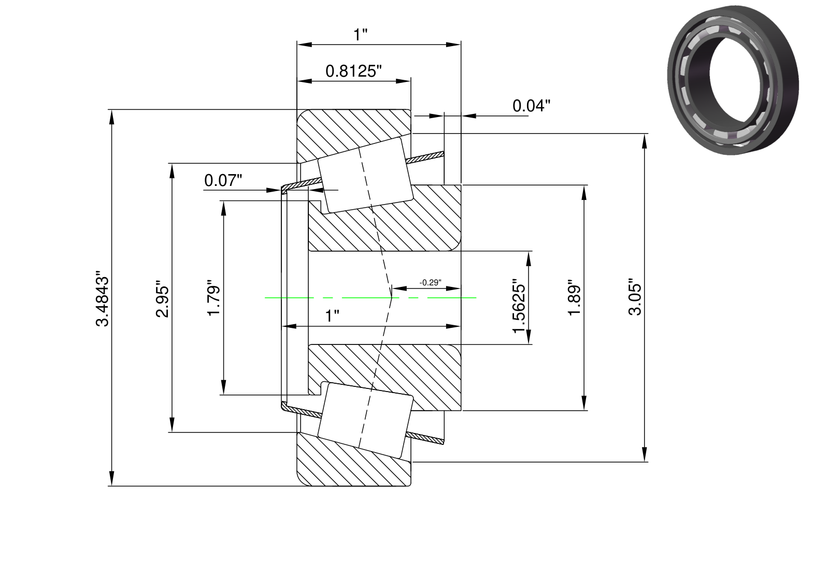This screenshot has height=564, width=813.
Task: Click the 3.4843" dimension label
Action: pyautogui.click(x=102, y=298)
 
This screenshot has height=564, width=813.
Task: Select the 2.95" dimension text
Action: pyautogui.click(x=163, y=298)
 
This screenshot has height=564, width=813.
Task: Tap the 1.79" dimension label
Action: pyautogui.click(x=214, y=298)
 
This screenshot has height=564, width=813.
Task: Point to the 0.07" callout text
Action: pyautogui.click(x=223, y=180)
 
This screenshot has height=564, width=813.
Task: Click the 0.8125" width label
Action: pyautogui.click(x=353, y=71)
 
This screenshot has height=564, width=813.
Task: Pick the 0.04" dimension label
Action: pyautogui.click(x=531, y=106)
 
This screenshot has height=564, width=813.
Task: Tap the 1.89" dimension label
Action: pyautogui.click(x=575, y=298)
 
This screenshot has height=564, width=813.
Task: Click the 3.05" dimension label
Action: pyautogui.click(x=635, y=297)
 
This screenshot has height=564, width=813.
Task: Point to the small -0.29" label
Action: pyautogui.click(x=431, y=283)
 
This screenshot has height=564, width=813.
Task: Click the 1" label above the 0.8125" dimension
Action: pyautogui.click(x=361, y=35)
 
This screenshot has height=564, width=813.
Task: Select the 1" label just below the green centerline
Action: pyautogui.click(x=332, y=316)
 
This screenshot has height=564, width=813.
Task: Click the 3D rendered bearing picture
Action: pyautogui.click(x=733, y=80)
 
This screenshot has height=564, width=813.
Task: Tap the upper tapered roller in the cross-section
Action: pyautogui.click(x=365, y=175)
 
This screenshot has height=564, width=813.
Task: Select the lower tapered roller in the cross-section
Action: pyautogui.click(x=365, y=421)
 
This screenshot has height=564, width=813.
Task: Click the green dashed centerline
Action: pyautogui.click(x=370, y=298)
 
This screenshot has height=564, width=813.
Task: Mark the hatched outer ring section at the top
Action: pyautogui.click(x=354, y=136)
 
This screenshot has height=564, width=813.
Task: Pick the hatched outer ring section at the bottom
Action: pyautogui.click(x=354, y=459)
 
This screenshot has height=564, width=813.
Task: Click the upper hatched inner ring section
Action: pyautogui.click(x=384, y=218)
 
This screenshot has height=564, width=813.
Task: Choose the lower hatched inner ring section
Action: pyautogui.click(x=384, y=377)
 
